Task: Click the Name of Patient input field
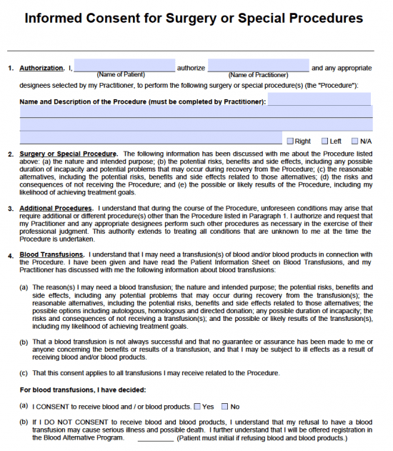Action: pyautogui.click(x=124, y=65)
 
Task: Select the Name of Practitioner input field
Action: pyautogui.click(x=258, y=65)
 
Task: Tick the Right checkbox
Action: pyautogui.click(x=289, y=142)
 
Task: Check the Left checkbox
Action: pyautogui.click(x=324, y=142)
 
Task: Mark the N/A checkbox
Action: pyautogui.click(x=354, y=142)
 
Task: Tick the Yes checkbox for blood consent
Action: pyautogui.click(x=197, y=407)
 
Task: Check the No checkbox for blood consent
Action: pyautogui.click(x=225, y=407)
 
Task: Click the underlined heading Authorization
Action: pyautogui.click(x=41, y=69)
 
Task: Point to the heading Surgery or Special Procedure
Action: pyautogui.click(x=68, y=154)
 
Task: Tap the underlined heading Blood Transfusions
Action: pyautogui.click(x=51, y=255)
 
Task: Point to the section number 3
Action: pyautogui.click(x=10, y=209)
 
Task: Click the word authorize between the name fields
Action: pyautogui.click(x=191, y=69)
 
